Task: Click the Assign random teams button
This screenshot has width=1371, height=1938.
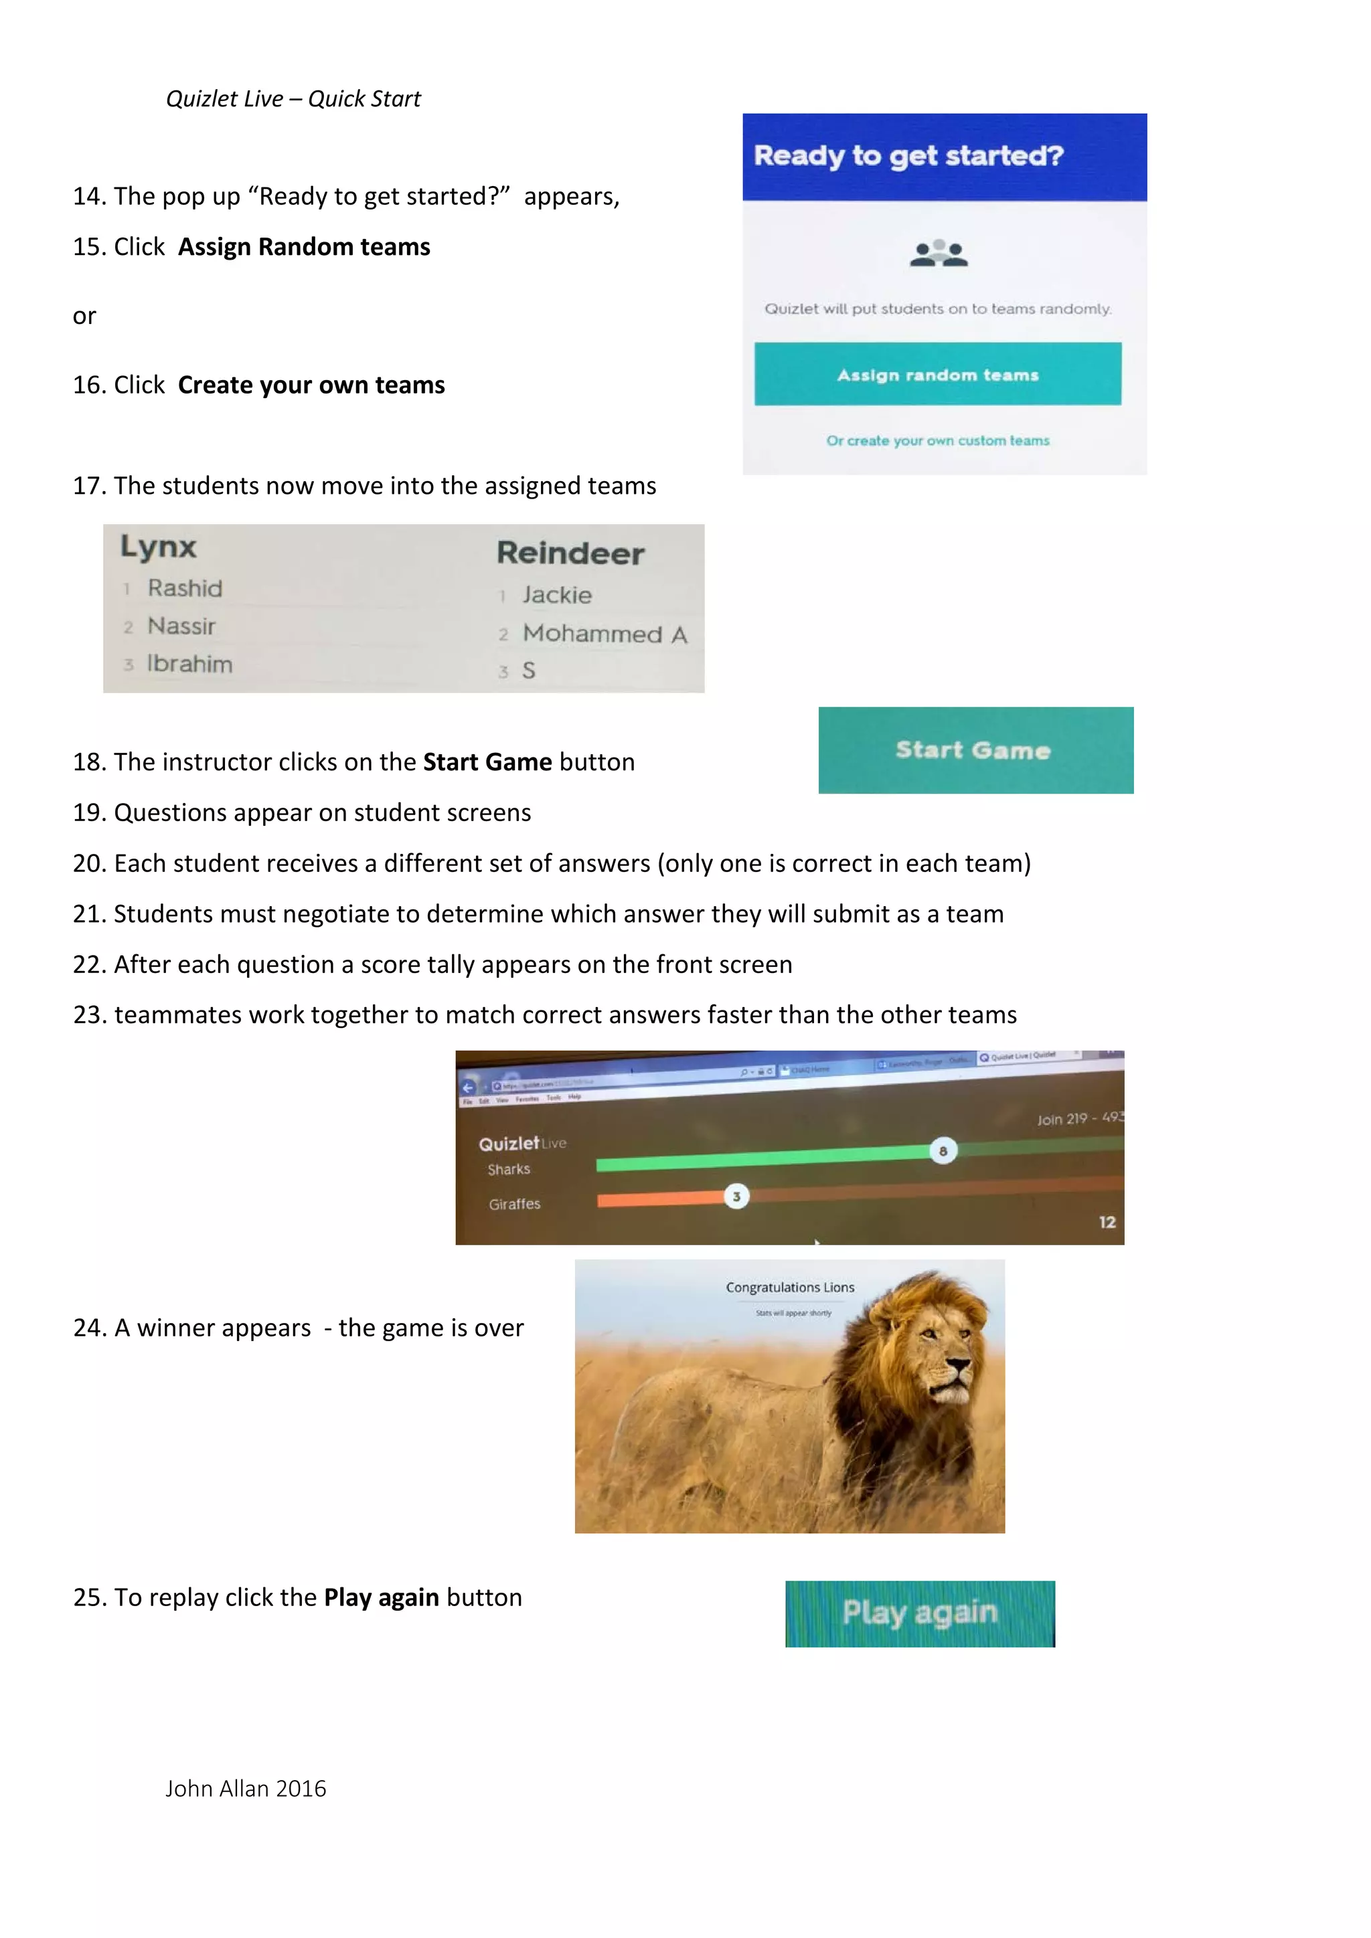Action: click(x=937, y=374)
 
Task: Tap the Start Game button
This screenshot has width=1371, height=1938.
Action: click(x=975, y=750)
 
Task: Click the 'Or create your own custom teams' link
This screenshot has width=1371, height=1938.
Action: click(x=937, y=440)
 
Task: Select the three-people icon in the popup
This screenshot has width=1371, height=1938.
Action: click(x=939, y=252)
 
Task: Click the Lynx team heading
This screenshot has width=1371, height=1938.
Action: click(x=158, y=547)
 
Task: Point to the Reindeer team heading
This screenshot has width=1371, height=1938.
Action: click(x=570, y=553)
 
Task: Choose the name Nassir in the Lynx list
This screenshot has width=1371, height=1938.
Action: click(x=181, y=626)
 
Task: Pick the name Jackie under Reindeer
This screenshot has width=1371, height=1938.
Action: click(x=556, y=595)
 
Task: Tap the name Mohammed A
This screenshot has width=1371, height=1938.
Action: click(x=604, y=634)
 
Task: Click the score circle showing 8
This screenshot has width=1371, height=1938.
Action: click(x=943, y=1150)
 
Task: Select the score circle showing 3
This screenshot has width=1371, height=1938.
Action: click(x=736, y=1196)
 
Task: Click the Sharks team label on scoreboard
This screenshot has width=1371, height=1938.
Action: click(x=508, y=1169)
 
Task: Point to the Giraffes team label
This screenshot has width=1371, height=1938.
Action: click(x=514, y=1204)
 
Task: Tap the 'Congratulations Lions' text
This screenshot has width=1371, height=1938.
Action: click(x=789, y=1288)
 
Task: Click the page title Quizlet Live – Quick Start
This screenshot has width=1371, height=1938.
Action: click(x=293, y=99)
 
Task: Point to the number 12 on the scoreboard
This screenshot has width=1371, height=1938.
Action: click(x=1107, y=1221)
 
